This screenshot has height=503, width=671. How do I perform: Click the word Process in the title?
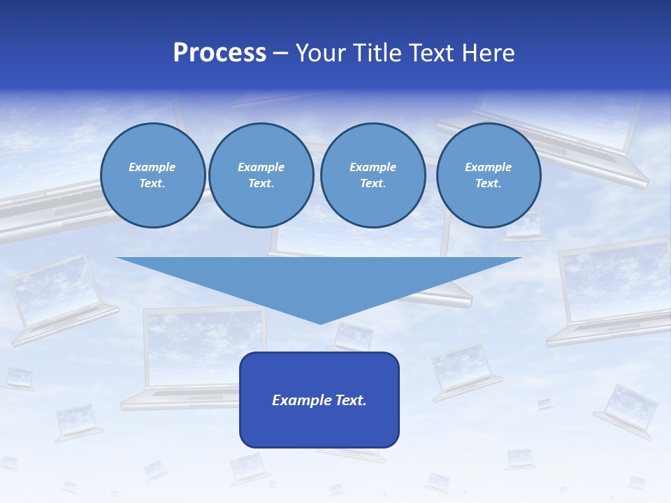coord(219,53)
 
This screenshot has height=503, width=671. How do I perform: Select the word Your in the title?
coord(322,53)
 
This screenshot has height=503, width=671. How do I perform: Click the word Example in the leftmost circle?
coord(152,167)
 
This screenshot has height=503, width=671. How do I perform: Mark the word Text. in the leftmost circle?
coord(152,184)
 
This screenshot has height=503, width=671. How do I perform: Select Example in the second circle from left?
coord(261,167)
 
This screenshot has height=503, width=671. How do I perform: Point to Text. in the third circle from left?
coord(373,184)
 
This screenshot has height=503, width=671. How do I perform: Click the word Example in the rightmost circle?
coord(488,167)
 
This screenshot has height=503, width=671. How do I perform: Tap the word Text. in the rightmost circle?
coord(488,184)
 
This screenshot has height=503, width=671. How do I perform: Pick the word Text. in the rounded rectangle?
coord(350,400)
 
